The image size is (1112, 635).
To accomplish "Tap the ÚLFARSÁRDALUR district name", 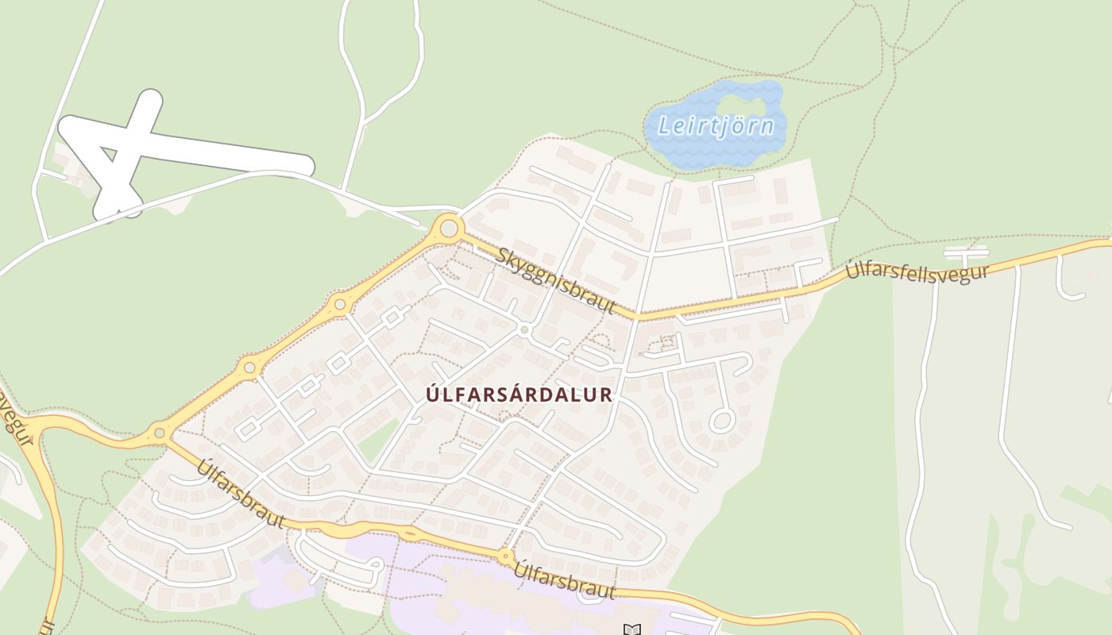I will click(x=519, y=394).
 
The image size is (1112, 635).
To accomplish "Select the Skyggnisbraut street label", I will click(x=556, y=279).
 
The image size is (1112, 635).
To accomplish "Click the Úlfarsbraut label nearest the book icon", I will click(x=565, y=580).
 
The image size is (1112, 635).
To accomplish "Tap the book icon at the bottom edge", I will click(x=631, y=629).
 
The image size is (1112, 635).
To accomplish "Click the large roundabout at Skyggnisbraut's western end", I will click(x=449, y=229).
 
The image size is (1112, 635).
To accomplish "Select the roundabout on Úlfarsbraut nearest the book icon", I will click(x=505, y=556).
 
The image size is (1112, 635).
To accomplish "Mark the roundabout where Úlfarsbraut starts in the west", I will click(x=160, y=433).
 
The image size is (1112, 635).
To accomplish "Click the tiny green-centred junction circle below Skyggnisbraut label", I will click(x=524, y=329).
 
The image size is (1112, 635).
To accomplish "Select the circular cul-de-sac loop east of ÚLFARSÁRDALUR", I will click(x=722, y=420).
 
